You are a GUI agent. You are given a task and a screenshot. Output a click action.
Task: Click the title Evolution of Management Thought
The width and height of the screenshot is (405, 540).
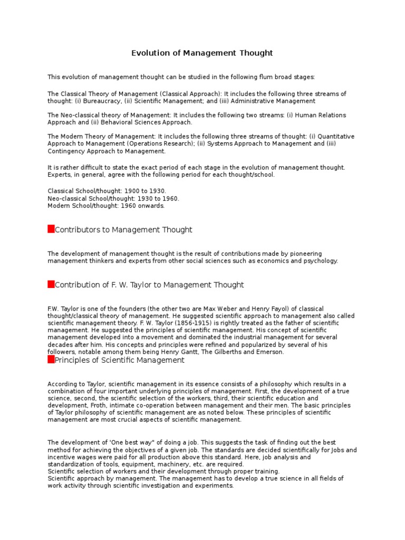pos(202,53)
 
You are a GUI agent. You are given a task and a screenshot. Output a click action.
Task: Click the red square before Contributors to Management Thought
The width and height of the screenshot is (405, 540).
pos(51,229)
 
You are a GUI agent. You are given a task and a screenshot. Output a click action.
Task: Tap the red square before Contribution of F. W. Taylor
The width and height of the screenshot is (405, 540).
pos(51,284)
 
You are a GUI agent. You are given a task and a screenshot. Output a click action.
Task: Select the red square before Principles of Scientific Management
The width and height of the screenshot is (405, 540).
pos(51,360)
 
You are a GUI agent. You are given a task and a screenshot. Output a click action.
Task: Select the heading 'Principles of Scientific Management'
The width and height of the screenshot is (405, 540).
pos(120,360)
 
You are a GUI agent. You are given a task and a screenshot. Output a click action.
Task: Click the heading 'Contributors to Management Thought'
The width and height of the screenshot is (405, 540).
pos(123,229)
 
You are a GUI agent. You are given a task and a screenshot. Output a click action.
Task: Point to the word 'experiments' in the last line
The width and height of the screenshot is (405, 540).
pos(214,486)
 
